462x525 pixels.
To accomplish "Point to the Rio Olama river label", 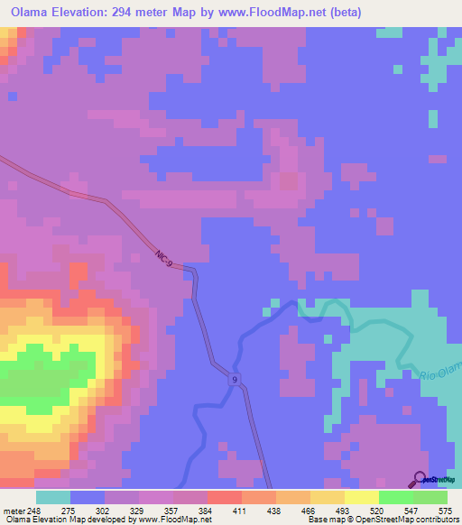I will click(440, 371).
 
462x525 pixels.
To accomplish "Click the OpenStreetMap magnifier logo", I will click(420, 478).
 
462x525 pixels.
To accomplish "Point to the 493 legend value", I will click(346, 510).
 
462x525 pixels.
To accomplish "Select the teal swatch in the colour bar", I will click(53, 497).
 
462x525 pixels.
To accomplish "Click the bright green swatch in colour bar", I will click(396, 497).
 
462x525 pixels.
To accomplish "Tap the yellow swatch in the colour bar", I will click(362, 497).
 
